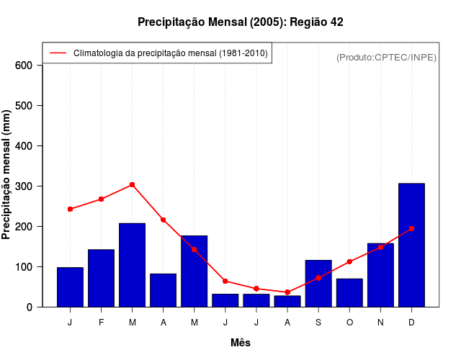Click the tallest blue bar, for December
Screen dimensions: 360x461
point(411,245)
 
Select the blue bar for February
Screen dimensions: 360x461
point(101,278)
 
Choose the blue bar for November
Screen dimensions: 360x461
point(380,275)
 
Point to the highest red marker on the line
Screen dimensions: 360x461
point(132,185)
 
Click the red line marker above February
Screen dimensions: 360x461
point(101,199)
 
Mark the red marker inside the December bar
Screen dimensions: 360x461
point(411,228)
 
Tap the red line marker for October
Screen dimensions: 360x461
point(349,261)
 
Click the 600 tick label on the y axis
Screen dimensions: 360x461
point(24,66)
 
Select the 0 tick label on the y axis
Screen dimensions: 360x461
point(30,307)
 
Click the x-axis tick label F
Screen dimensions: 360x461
point(101,323)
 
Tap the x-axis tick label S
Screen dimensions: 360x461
point(318,323)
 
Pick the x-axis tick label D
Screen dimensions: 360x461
point(411,323)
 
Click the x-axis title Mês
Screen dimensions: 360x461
point(241,343)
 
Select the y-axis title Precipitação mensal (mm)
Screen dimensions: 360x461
point(7,175)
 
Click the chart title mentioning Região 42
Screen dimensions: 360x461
point(241,22)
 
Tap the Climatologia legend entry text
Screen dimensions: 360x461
point(170,53)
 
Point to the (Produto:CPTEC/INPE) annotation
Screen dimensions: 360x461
point(386,57)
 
